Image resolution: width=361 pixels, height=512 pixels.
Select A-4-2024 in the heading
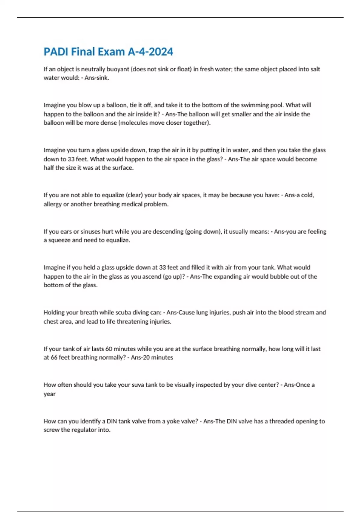pyautogui.click(x=150, y=52)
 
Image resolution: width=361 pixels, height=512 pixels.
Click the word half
pyautogui.click(x=49, y=168)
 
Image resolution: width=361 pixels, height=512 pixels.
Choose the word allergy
pyautogui.click(x=53, y=204)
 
